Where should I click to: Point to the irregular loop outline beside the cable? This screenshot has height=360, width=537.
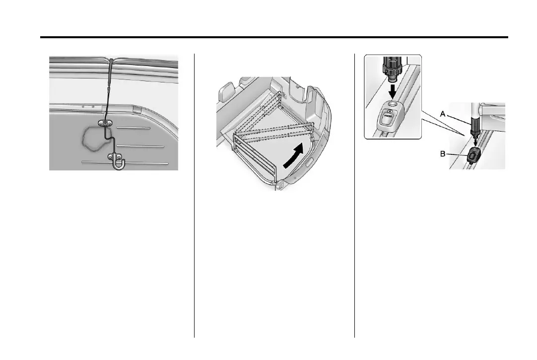point(93,138)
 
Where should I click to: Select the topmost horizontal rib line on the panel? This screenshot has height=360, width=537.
point(133,128)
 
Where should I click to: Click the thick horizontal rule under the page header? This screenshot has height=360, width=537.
point(273,37)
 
